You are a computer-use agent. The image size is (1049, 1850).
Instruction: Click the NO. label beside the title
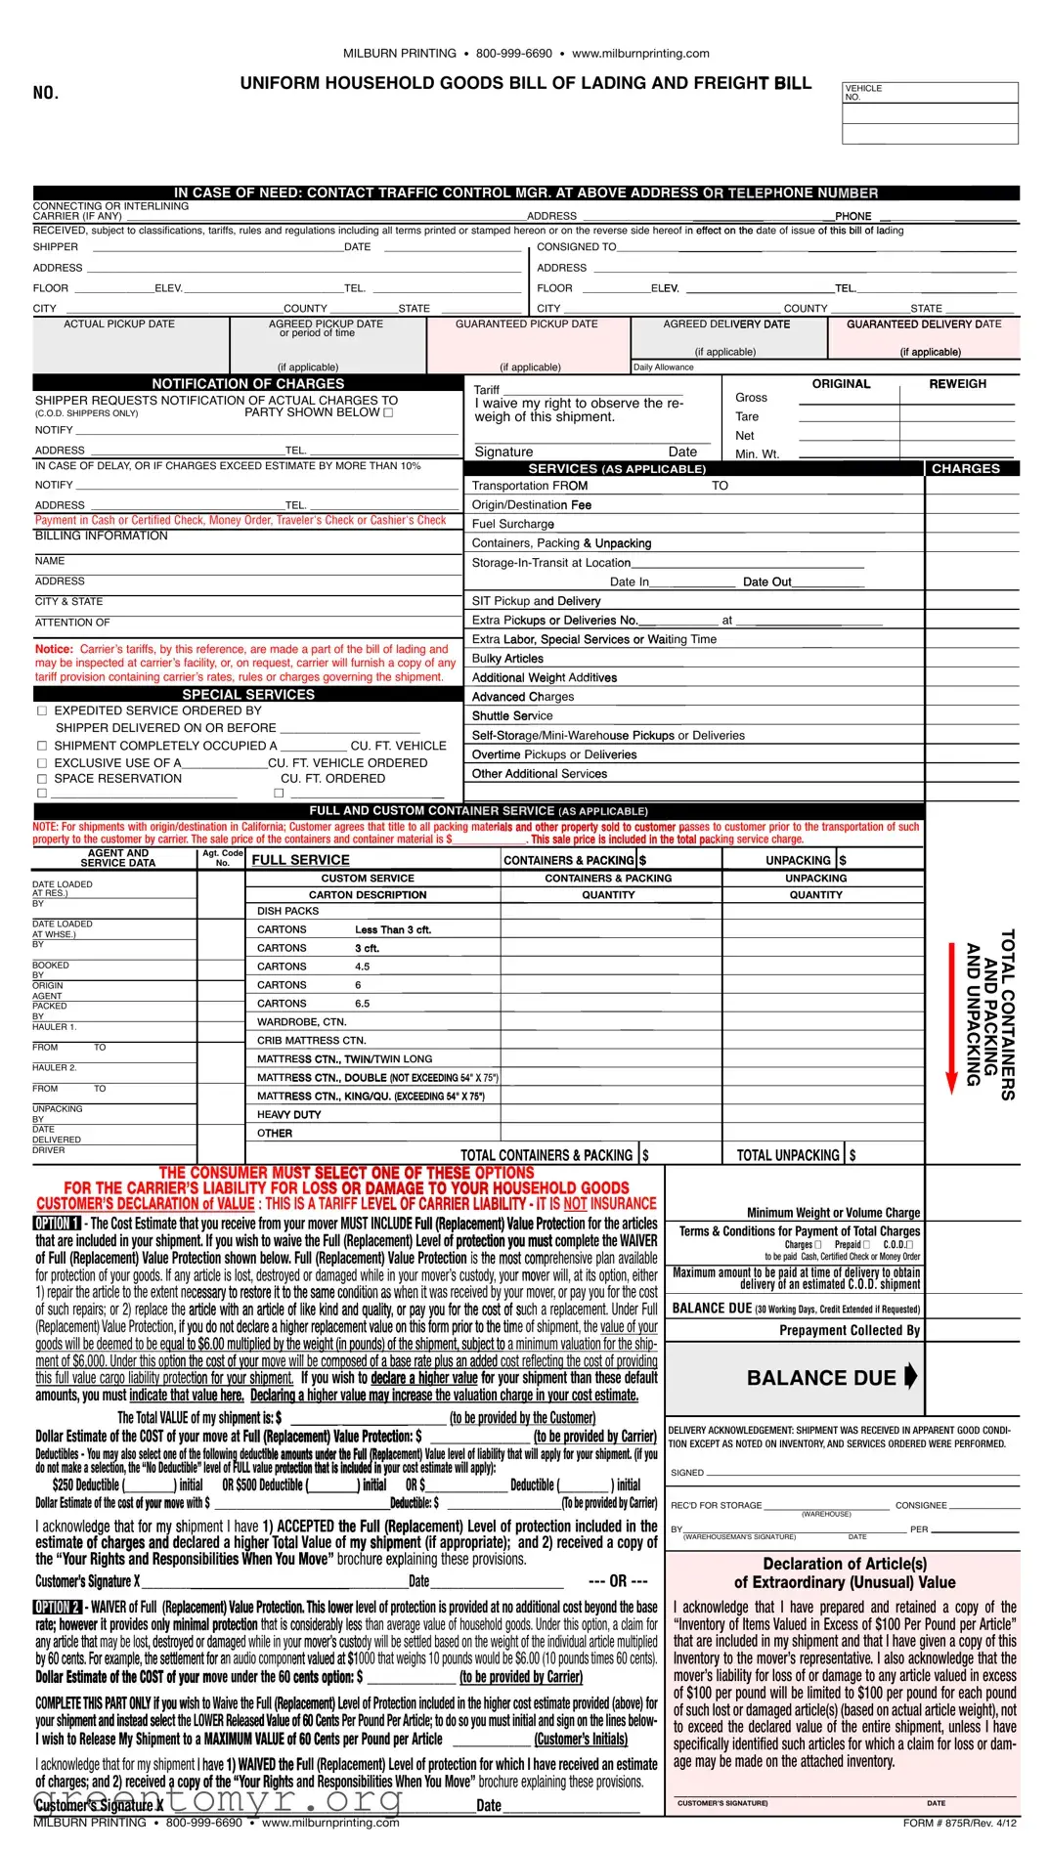tap(46, 93)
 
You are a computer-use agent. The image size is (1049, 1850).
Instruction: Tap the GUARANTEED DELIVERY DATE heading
tap(923, 324)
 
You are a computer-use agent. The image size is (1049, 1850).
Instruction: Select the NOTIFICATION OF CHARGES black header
tap(247, 384)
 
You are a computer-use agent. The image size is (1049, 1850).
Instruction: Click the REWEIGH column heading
tap(957, 384)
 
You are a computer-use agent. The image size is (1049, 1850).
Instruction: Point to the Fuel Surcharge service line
tap(513, 524)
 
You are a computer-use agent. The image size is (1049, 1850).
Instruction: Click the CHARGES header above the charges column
tap(965, 469)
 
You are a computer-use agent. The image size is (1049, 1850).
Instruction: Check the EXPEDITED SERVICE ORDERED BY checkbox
tap(42, 711)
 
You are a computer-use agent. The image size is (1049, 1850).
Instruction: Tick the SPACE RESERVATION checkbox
tap(42, 779)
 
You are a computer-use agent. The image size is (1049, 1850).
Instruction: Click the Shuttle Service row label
tap(512, 715)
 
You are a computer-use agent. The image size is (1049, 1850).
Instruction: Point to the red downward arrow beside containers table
tap(950, 1016)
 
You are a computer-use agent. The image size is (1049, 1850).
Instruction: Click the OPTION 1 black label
tap(57, 1224)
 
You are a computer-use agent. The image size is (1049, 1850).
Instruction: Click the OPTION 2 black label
tap(57, 1608)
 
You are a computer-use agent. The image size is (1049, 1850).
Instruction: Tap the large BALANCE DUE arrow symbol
tap(910, 1376)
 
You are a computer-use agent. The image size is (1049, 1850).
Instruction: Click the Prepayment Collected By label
tap(849, 1330)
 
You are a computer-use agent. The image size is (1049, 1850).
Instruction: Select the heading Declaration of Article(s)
tap(845, 1564)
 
